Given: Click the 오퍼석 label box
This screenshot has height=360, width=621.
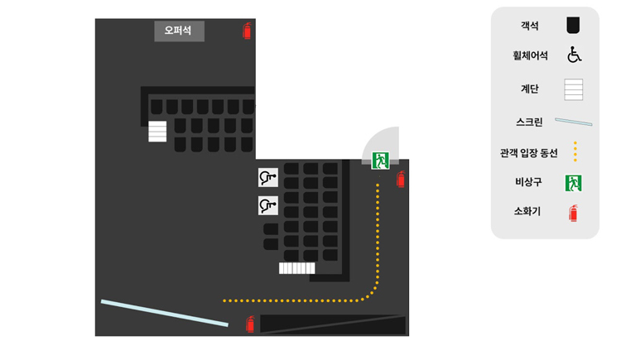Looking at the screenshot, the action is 180,31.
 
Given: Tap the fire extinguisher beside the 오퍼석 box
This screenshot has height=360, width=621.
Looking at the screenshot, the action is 247,31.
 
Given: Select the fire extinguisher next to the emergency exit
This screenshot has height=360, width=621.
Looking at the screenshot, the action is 401,180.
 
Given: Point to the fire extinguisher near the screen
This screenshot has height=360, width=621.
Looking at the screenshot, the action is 250,324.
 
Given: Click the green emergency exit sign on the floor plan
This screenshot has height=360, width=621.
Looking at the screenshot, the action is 380,161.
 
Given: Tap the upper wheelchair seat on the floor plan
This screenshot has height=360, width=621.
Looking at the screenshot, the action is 268,177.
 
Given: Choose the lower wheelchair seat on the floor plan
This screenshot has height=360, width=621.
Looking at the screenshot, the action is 268,205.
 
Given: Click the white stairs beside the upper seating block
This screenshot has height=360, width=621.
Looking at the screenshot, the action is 157,131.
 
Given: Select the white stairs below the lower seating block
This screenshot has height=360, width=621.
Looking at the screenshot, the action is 297,268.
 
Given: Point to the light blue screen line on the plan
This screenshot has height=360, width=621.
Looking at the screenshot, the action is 165,314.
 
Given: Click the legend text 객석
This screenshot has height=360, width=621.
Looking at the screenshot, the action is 530,26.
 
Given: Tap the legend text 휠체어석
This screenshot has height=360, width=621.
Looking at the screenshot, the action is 530,55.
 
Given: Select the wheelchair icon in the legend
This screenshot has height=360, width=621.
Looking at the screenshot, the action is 574,55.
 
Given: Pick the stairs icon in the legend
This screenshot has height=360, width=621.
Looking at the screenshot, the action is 574,89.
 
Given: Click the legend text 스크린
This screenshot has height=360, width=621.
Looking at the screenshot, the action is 530,122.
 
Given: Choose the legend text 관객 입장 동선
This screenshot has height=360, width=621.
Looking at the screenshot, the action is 529,153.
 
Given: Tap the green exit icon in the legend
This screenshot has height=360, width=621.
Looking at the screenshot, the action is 573,183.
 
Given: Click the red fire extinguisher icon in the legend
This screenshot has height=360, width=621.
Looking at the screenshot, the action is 573,213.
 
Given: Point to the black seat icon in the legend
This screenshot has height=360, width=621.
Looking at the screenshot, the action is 573,26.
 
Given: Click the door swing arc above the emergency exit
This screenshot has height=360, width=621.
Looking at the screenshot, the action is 380,143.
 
